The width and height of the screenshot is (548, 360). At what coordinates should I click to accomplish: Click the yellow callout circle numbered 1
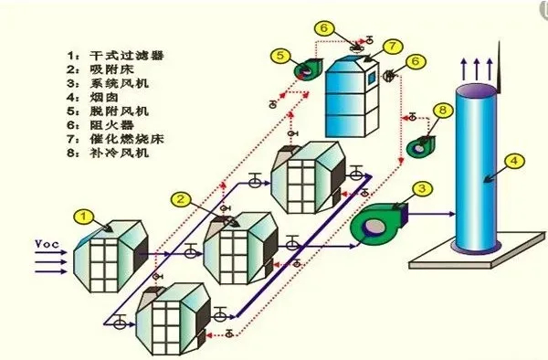(x=83, y=217)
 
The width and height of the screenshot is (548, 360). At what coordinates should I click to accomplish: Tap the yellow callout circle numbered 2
(x=181, y=198)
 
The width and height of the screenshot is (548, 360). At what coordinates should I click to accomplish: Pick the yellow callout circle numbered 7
(x=391, y=45)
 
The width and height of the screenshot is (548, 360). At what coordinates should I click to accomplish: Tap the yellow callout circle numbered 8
(x=442, y=111)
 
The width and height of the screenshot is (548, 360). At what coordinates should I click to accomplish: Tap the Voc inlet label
(x=48, y=244)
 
